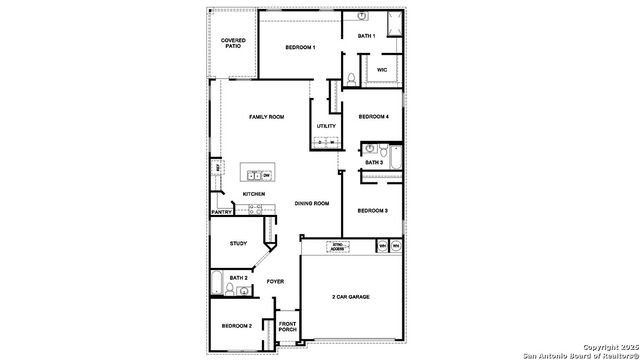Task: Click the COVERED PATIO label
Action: click(232, 43)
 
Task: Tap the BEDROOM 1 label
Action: click(300, 48)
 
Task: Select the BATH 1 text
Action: click(367, 36)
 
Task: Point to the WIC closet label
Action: click(382, 70)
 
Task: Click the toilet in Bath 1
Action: click(352, 78)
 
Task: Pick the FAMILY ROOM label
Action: click(267, 117)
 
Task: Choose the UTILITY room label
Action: click(326, 126)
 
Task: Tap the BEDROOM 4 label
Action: click(373, 116)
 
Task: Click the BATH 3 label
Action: click(373, 162)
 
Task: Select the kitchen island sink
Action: click(254, 175)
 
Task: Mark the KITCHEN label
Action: click(253, 194)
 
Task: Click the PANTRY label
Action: click(222, 212)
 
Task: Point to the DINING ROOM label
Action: click(312, 204)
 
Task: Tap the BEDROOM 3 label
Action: click(373, 210)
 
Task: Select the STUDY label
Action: click(238, 243)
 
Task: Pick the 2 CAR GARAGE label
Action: click(351, 297)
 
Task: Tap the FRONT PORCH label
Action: click(288, 326)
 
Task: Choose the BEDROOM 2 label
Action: click(237, 326)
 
